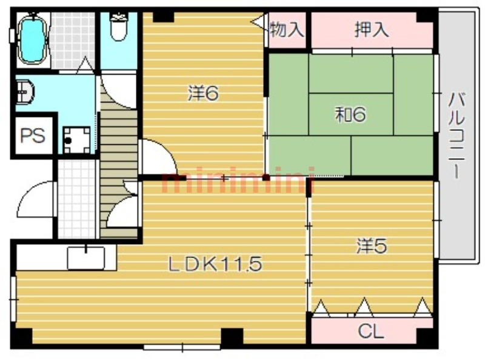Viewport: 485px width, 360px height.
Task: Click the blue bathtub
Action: pyautogui.click(x=33, y=39)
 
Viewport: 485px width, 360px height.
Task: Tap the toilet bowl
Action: pyautogui.click(x=119, y=28)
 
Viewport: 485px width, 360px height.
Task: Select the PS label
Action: pyautogui.click(x=33, y=136)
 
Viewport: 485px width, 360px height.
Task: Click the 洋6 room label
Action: pyautogui.click(x=203, y=93)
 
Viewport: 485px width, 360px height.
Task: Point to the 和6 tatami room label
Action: pyautogui.click(x=350, y=115)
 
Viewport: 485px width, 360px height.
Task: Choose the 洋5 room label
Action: pyautogui.click(x=372, y=246)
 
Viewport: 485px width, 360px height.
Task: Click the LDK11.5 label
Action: pyautogui.click(x=215, y=264)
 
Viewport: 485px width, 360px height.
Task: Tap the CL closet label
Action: pyautogui.click(x=371, y=332)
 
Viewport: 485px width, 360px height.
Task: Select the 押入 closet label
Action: pyautogui.click(x=372, y=30)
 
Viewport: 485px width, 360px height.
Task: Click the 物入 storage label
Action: pyautogui.click(x=287, y=30)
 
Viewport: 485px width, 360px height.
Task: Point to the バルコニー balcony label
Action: pyautogui.click(x=457, y=136)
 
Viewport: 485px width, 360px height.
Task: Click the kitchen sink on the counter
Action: pyautogui.click(x=86, y=258)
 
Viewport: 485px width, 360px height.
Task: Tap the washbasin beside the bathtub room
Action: pyautogui.click(x=24, y=92)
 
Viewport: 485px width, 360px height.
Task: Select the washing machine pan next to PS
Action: pyautogui.click(x=77, y=140)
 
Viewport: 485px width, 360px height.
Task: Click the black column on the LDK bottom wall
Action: pyautogui.click(x=232, y=338)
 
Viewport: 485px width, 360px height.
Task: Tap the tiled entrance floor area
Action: pyautogui.click(x=77, y=199)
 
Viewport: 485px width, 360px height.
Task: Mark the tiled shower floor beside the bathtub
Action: pyautogui.click(x=72, y=40)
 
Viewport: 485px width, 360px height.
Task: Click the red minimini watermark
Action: pyautogui.click(x=238, y=181)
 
